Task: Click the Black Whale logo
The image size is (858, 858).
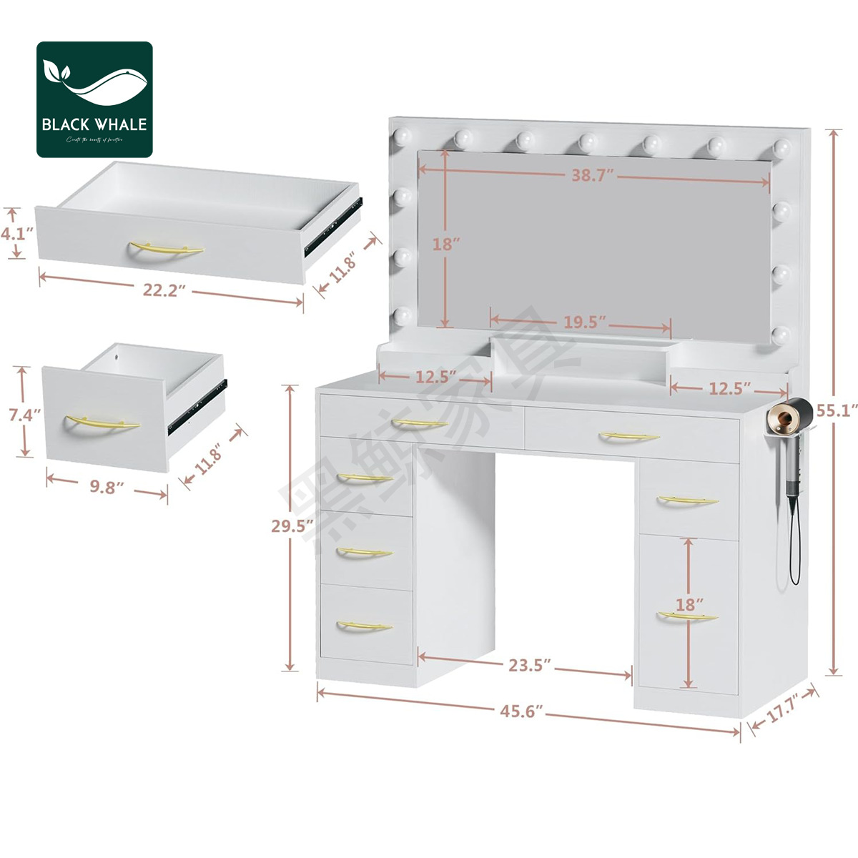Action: (94, 99)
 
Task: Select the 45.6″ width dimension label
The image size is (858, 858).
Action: (521, 711)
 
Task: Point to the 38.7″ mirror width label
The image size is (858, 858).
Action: (593, 175)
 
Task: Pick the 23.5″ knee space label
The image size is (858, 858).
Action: (529, 665)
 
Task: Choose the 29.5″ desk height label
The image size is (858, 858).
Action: (292, 526)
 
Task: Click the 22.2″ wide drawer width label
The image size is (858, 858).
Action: (164, 291)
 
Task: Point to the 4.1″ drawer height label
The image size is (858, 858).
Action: (16, 233)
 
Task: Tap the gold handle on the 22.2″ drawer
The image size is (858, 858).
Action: (166, 249)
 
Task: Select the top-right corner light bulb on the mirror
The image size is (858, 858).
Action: (782, 148)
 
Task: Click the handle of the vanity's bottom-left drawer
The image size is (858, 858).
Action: (364, 626)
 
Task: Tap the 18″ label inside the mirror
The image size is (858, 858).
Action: (445, 244)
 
